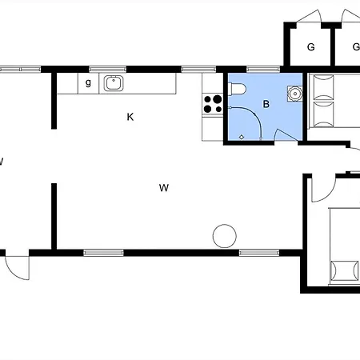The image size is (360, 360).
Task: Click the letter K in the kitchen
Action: tap(130, 117)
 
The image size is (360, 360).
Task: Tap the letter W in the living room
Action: tap(164, 188)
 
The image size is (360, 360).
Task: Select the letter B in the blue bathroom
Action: tap(266, 104)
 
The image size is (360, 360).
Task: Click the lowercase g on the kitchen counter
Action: tap(88, 82)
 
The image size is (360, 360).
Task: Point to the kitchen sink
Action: tap(114, 83)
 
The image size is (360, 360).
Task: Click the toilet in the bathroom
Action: tap(237, 89)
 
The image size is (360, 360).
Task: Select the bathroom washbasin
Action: tap(294, 94)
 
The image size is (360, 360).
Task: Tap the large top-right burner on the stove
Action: tap(218, 99)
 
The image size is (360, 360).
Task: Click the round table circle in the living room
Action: tap(225, 236)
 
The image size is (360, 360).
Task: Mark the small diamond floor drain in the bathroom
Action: tap(242, 137)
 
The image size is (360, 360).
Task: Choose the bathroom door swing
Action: tap(286, 135)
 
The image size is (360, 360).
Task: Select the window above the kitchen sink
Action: tap(108, 70)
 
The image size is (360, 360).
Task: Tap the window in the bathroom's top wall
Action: tap(263, 70)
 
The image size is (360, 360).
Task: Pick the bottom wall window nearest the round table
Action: tap(259, 253)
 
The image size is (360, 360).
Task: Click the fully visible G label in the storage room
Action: tap(311, 47)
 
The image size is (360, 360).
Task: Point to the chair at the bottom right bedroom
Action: tap(344, 270)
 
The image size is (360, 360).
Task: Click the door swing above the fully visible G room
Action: tap(310, 16)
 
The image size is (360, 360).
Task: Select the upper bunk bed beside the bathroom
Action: tap(323, 87)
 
